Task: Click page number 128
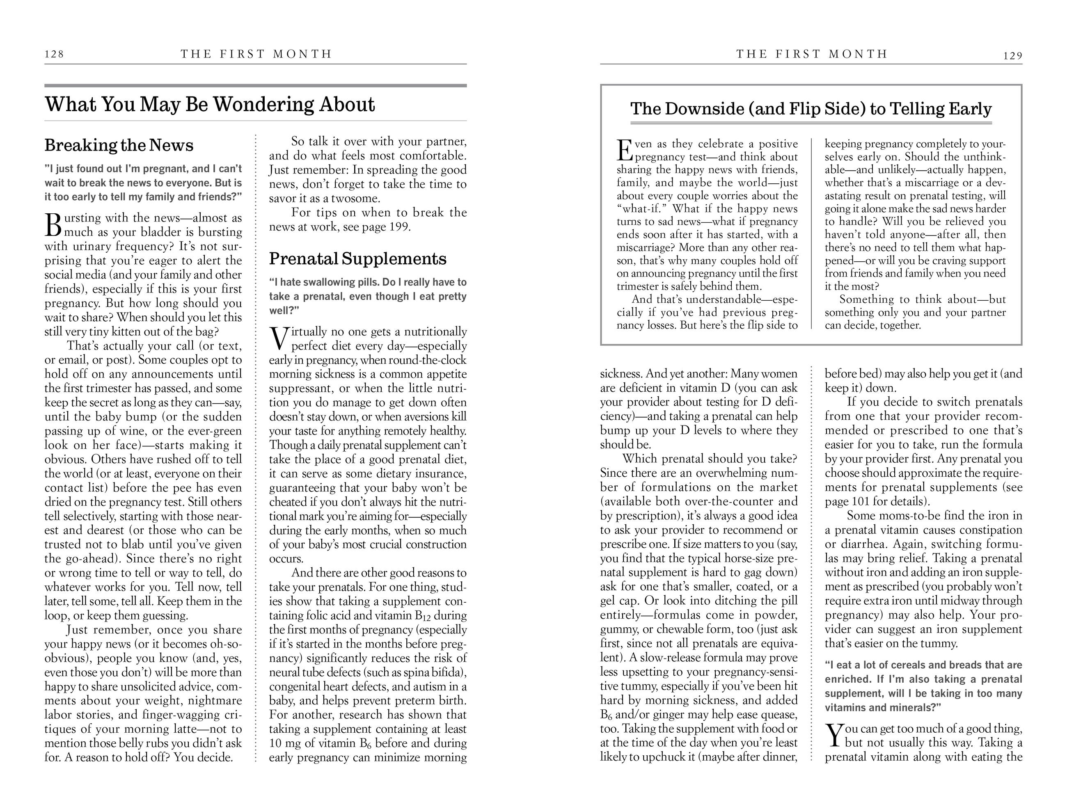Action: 54,54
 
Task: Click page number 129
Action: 1012,56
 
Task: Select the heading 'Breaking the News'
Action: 119,145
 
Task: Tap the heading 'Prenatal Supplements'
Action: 357,259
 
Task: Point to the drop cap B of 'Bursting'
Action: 53,226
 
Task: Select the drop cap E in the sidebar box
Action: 625,151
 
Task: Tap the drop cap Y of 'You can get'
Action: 833,735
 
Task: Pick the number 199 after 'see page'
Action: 399,226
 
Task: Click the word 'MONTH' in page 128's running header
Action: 302,54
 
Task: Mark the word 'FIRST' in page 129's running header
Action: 796,54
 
